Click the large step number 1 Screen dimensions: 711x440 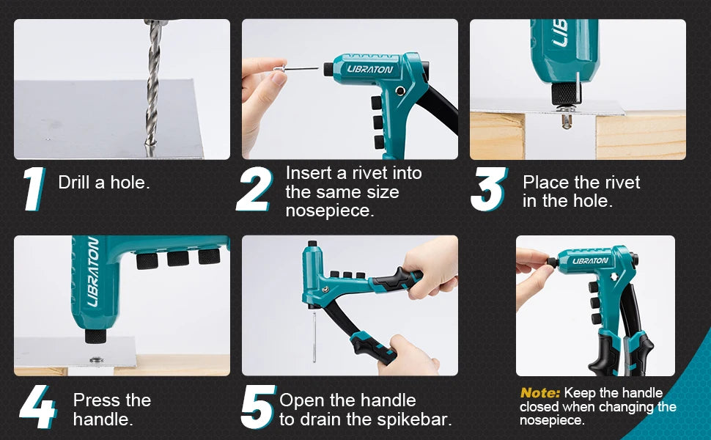click(x=35, y=188)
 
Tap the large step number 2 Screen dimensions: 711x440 click(x=254, y=188)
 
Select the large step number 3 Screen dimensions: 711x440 click(x=489, y=188)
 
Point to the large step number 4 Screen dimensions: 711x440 click(x=38, y=406)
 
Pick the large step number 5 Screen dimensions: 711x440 click(x=259, y=406)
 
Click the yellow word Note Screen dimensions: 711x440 click(x=540, y=392)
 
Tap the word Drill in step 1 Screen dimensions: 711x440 click(x=74, y=183)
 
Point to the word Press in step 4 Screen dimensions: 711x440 click(x=97, y=400)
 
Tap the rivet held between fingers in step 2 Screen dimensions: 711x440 click(x=295, y=69)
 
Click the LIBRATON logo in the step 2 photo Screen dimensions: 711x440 click(x=370, y=69)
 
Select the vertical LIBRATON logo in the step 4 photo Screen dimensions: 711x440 click(x=92, y=271)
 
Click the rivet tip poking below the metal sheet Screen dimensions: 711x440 click(x=567, y=121)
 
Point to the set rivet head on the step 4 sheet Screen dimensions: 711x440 click(x=95, y=360)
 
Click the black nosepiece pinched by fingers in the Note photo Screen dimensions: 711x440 click(x=552, y=263)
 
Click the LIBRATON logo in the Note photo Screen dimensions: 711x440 click(x=590, y=260)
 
